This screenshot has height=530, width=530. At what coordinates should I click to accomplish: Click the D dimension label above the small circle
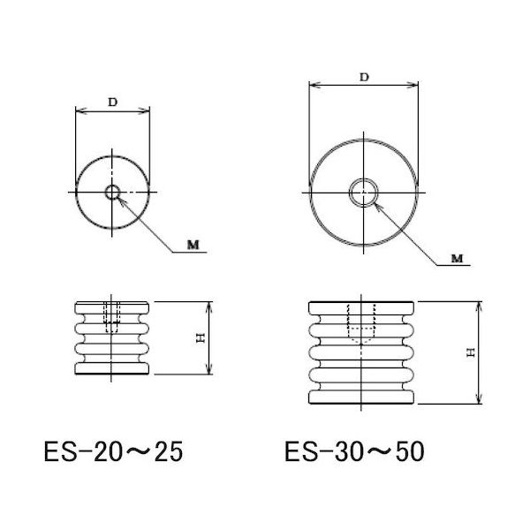pos(112,102)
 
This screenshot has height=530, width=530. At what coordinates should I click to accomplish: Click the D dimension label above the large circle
pos(364,77)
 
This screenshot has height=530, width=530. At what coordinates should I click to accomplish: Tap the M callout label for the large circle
pos(456,257)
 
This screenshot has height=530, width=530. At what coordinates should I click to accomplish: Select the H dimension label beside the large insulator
pos(471,351)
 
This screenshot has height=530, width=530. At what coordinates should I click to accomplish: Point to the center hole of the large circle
pos(363,192)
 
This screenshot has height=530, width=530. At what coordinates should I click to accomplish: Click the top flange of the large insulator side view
pos(363,307)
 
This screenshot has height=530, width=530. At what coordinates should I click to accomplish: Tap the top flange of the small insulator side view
pos(112,307)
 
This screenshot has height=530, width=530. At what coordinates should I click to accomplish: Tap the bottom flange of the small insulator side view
pos(112,369)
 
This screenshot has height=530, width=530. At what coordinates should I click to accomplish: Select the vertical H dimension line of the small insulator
pos(209,338)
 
